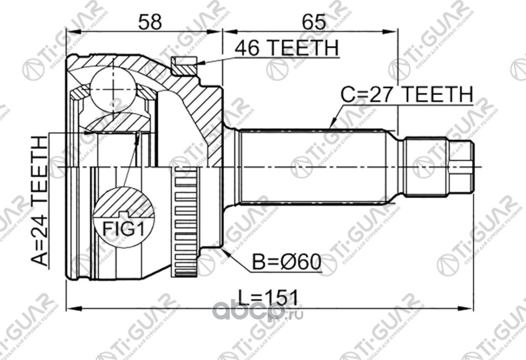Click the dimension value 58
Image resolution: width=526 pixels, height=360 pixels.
[150, 21]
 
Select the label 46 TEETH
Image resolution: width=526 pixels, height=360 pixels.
[286, 48]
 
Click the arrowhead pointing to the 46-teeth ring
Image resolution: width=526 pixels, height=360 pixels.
[199, 64]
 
